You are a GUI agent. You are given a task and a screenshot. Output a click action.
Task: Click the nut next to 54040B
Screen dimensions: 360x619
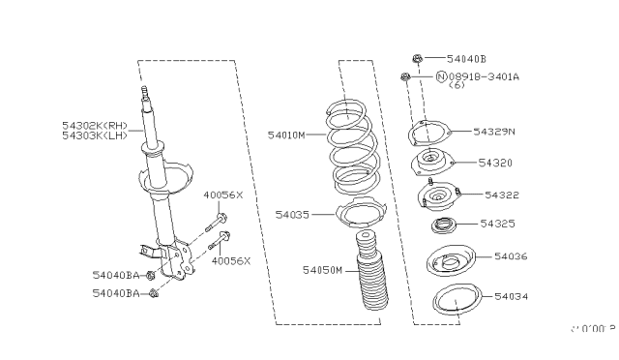click(x=414, y=59)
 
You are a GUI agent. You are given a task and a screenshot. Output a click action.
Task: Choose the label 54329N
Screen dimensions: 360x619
click(x=494, y=131)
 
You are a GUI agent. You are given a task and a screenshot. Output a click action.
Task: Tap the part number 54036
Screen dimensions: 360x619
click(x=511, y=256)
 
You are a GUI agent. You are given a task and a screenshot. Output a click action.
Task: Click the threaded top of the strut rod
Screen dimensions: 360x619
click(x=146, y=94)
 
